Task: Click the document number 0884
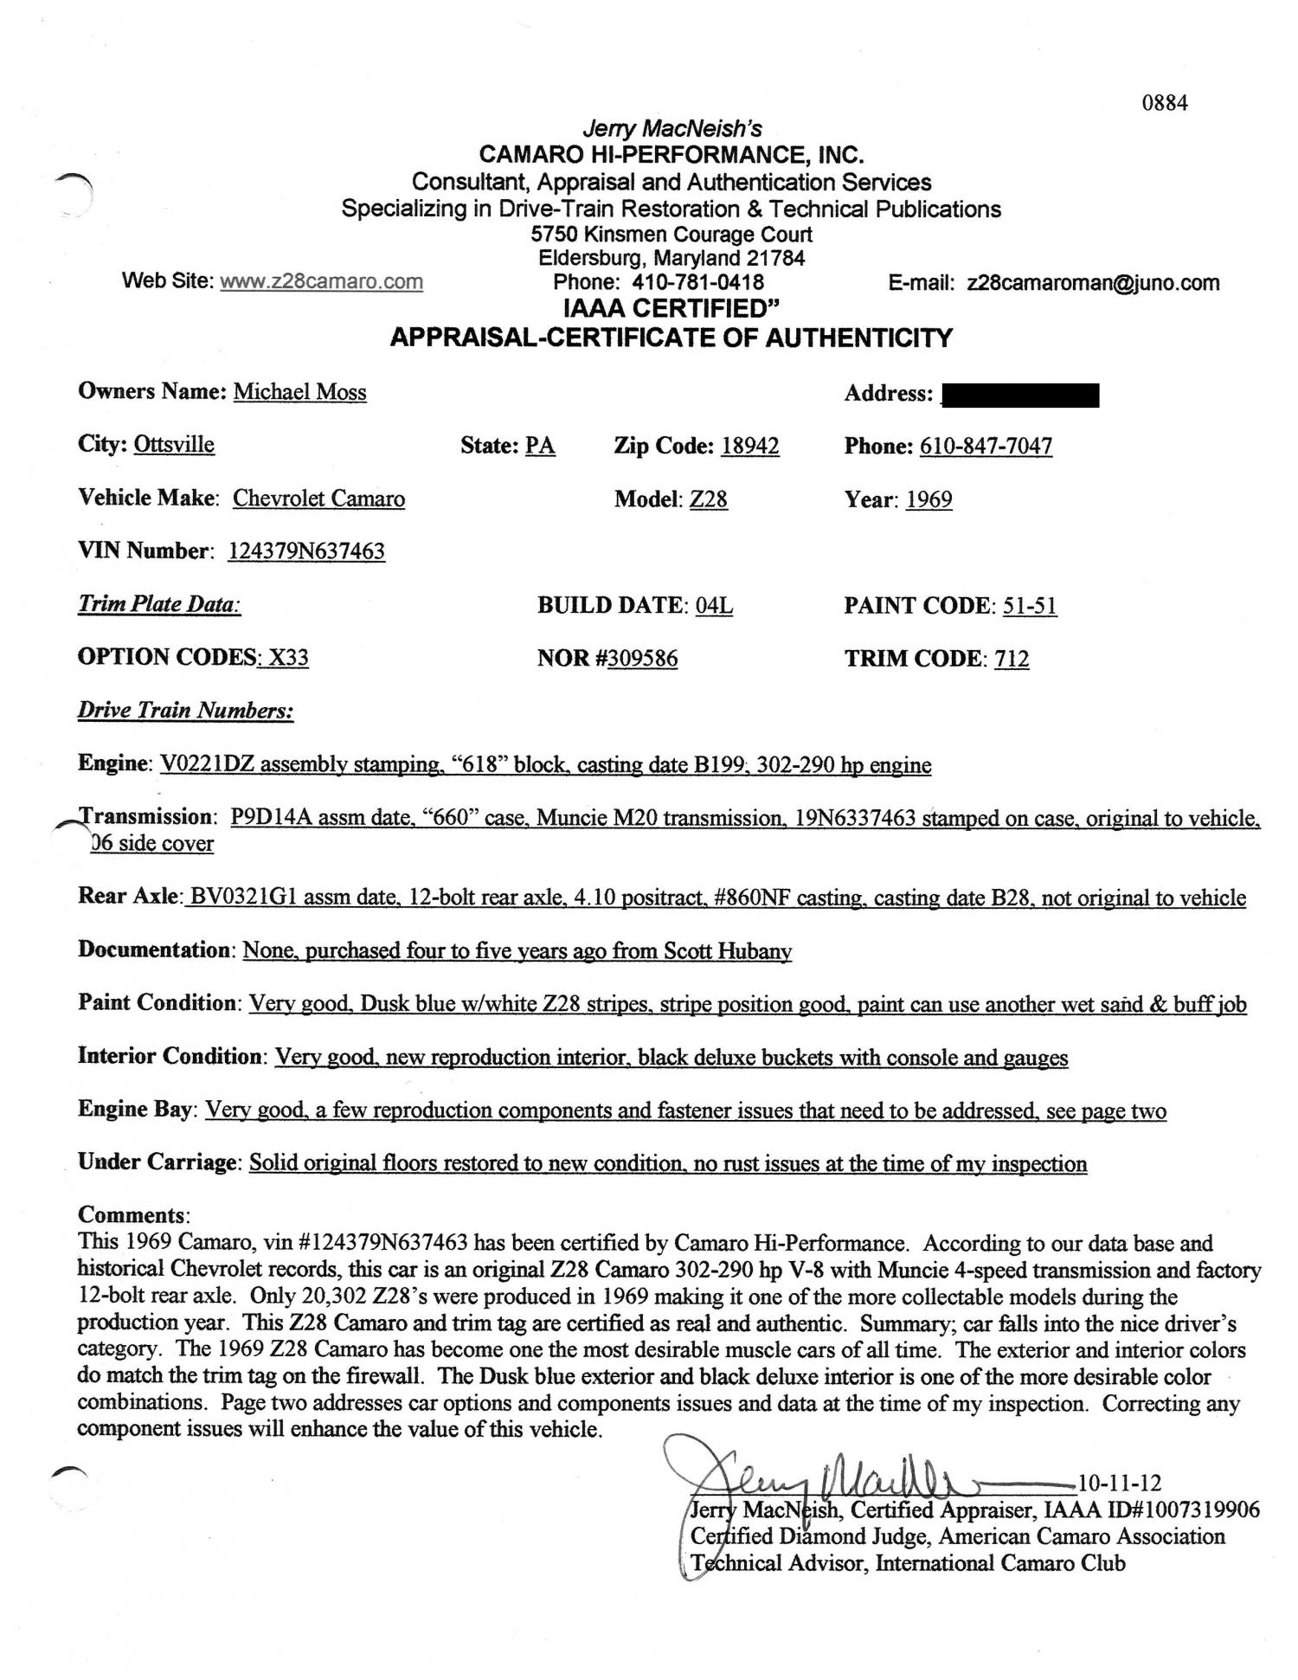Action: pos(1164,103)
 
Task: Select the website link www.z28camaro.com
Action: pos(321,281)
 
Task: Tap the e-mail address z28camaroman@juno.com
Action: pos(1093,283)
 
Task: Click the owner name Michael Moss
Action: pos(299,392)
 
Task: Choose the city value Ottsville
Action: pos(174,445)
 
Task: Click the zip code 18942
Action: pos(749,447)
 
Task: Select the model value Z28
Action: pos(708,500)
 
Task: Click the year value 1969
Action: pos(929,500)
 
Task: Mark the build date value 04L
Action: pos(714,606)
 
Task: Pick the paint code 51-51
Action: pos(1029,606)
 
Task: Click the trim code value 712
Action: pos(1012,660)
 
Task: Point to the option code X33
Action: pos(287,658)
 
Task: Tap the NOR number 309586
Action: pos(642,660)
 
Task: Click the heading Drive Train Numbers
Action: pos(185,711)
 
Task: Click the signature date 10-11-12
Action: pos(1120,1483)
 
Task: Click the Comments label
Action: pos(132,1215)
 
